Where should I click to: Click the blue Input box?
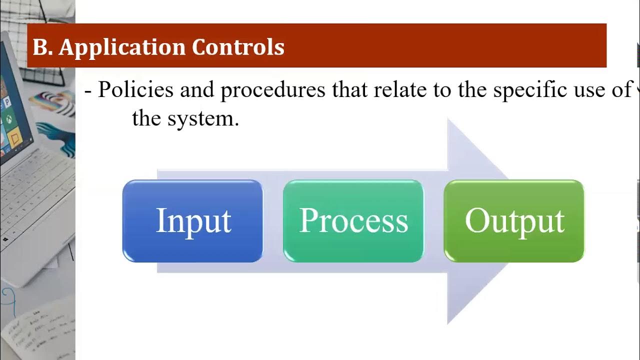tap(192, 221)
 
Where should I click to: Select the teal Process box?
tap(353, 221)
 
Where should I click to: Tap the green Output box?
tap(514, 221)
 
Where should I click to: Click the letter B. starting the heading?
tap(42, 47)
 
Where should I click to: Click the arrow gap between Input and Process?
tap(273, 221)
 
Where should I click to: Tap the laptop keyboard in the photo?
tap(35, 200)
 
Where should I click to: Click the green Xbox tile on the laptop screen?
tap(9, 119)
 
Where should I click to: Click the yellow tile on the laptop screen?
tap(14, 136)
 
